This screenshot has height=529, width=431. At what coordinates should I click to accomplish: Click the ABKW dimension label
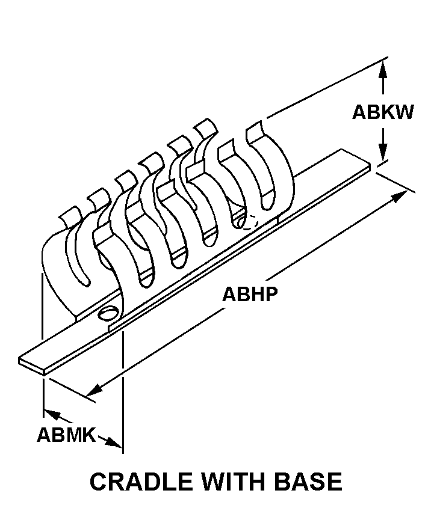[x=383, y=112]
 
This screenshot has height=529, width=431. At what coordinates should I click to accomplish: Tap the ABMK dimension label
[x=66, y=434]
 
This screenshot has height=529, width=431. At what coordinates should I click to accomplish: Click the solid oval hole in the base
[x=109, y=313]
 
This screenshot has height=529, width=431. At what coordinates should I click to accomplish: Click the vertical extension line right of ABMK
[x=123, y=391]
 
